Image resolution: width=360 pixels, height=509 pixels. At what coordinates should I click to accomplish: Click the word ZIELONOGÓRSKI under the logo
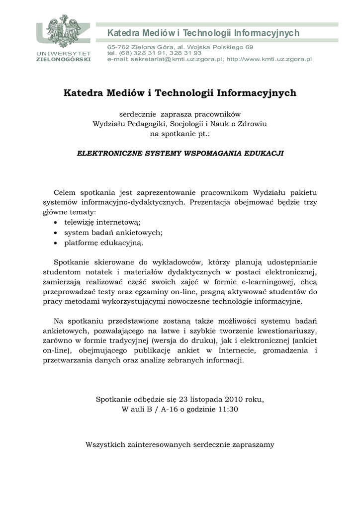(x=63, y=59)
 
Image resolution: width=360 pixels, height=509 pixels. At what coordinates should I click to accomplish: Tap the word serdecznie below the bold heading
(x=137, y=114)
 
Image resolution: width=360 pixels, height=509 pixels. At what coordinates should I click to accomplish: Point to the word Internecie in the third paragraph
(x=237, y=351)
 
